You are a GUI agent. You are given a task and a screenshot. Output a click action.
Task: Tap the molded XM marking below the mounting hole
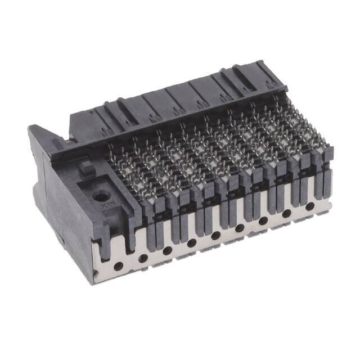pos(105,213)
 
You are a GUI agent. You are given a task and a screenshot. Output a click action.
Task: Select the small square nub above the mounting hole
pos(86,167)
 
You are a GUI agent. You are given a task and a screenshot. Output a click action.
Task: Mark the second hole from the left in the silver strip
pos(143,258)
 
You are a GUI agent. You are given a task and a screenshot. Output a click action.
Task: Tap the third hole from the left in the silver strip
pos(168,250)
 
